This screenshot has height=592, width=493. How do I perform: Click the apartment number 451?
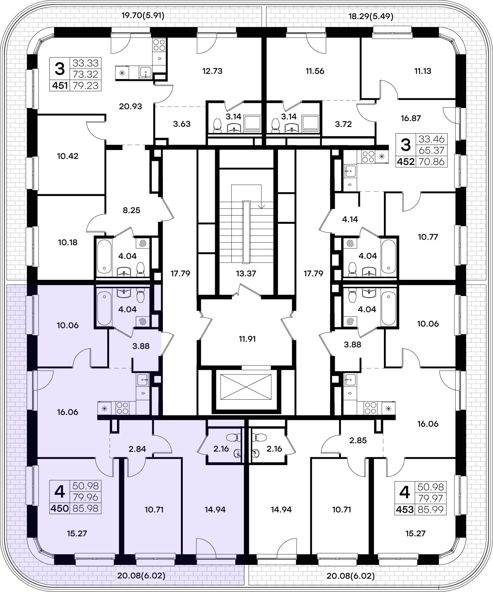60,85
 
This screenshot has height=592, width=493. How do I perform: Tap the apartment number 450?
60,509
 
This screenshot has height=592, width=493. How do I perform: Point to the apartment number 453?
405,510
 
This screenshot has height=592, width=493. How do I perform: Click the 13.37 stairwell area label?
246,274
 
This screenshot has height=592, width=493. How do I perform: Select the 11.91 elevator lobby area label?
246,339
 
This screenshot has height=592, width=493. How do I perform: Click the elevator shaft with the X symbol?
246,387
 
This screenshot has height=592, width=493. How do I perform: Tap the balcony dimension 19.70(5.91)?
143,16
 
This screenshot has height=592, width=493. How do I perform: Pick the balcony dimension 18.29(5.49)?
371,16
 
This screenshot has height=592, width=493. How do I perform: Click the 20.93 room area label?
131,106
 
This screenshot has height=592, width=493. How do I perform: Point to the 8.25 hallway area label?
131,210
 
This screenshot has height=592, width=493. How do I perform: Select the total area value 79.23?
85,85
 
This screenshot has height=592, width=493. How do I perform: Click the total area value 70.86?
432,162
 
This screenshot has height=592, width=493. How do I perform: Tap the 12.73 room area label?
212,71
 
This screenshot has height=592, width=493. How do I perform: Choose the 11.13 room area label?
423,71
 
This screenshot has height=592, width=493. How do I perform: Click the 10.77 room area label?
428,237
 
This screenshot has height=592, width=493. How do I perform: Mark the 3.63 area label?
182,124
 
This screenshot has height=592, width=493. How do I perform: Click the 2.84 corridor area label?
137,449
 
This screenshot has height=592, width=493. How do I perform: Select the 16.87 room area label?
411,118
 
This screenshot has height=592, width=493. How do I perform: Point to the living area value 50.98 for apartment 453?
431,487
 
